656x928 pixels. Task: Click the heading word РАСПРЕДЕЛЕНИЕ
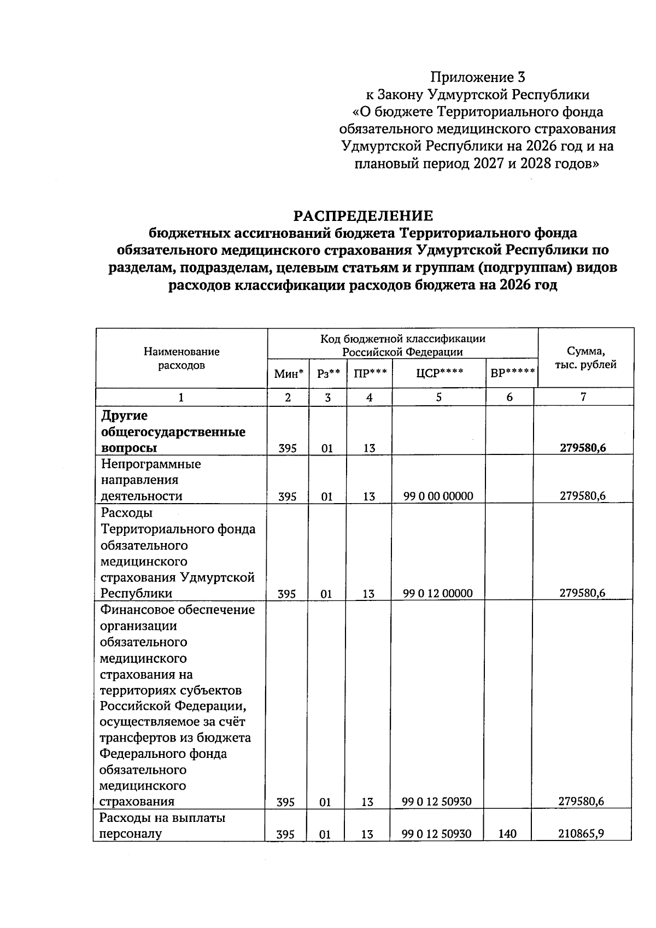[363, 215]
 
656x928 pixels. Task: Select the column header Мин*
[289, 374]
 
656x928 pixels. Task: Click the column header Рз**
[328, 374]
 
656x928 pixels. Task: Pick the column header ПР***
[370, 374]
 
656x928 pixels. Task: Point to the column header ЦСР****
[439, 374]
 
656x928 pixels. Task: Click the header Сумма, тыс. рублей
[585, 358]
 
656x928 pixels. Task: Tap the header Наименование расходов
[181, 358]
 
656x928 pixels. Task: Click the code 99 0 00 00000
[438, 497]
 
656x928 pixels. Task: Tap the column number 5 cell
[439, 398]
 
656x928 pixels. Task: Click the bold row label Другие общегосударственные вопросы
[173, 432]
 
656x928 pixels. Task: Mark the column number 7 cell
[583, 398]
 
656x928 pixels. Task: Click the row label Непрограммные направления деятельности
[151, 480]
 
